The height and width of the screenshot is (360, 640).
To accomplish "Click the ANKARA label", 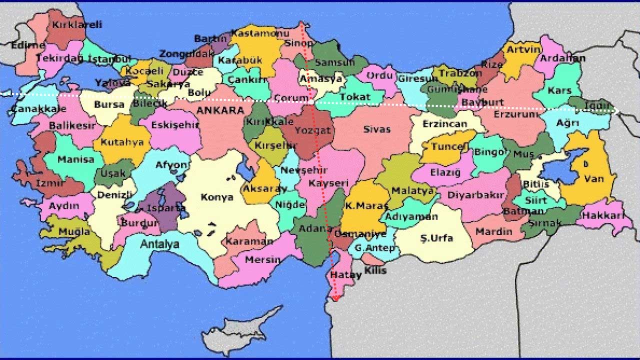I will click(220, 110).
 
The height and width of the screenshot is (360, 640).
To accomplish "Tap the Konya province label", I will click(217, 197).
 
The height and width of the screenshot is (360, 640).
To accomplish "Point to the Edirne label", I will click(28, 45).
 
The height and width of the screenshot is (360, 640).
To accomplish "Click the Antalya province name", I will click(159, 244).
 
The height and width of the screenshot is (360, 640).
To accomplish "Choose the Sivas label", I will click(376, 129).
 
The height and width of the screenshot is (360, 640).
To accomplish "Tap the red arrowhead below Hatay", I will click(335, 298).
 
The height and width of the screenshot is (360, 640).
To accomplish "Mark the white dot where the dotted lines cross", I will click(311, 102).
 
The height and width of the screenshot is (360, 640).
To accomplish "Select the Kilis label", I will click(375, 270).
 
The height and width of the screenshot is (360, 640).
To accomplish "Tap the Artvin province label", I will click(523, 49).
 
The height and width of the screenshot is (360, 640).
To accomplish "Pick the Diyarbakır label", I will click(475, 195).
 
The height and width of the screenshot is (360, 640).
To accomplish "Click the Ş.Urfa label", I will click(436, 238).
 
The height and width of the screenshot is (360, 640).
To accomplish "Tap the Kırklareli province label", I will click(77, 24).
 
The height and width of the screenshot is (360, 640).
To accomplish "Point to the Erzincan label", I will click(444, 123).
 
